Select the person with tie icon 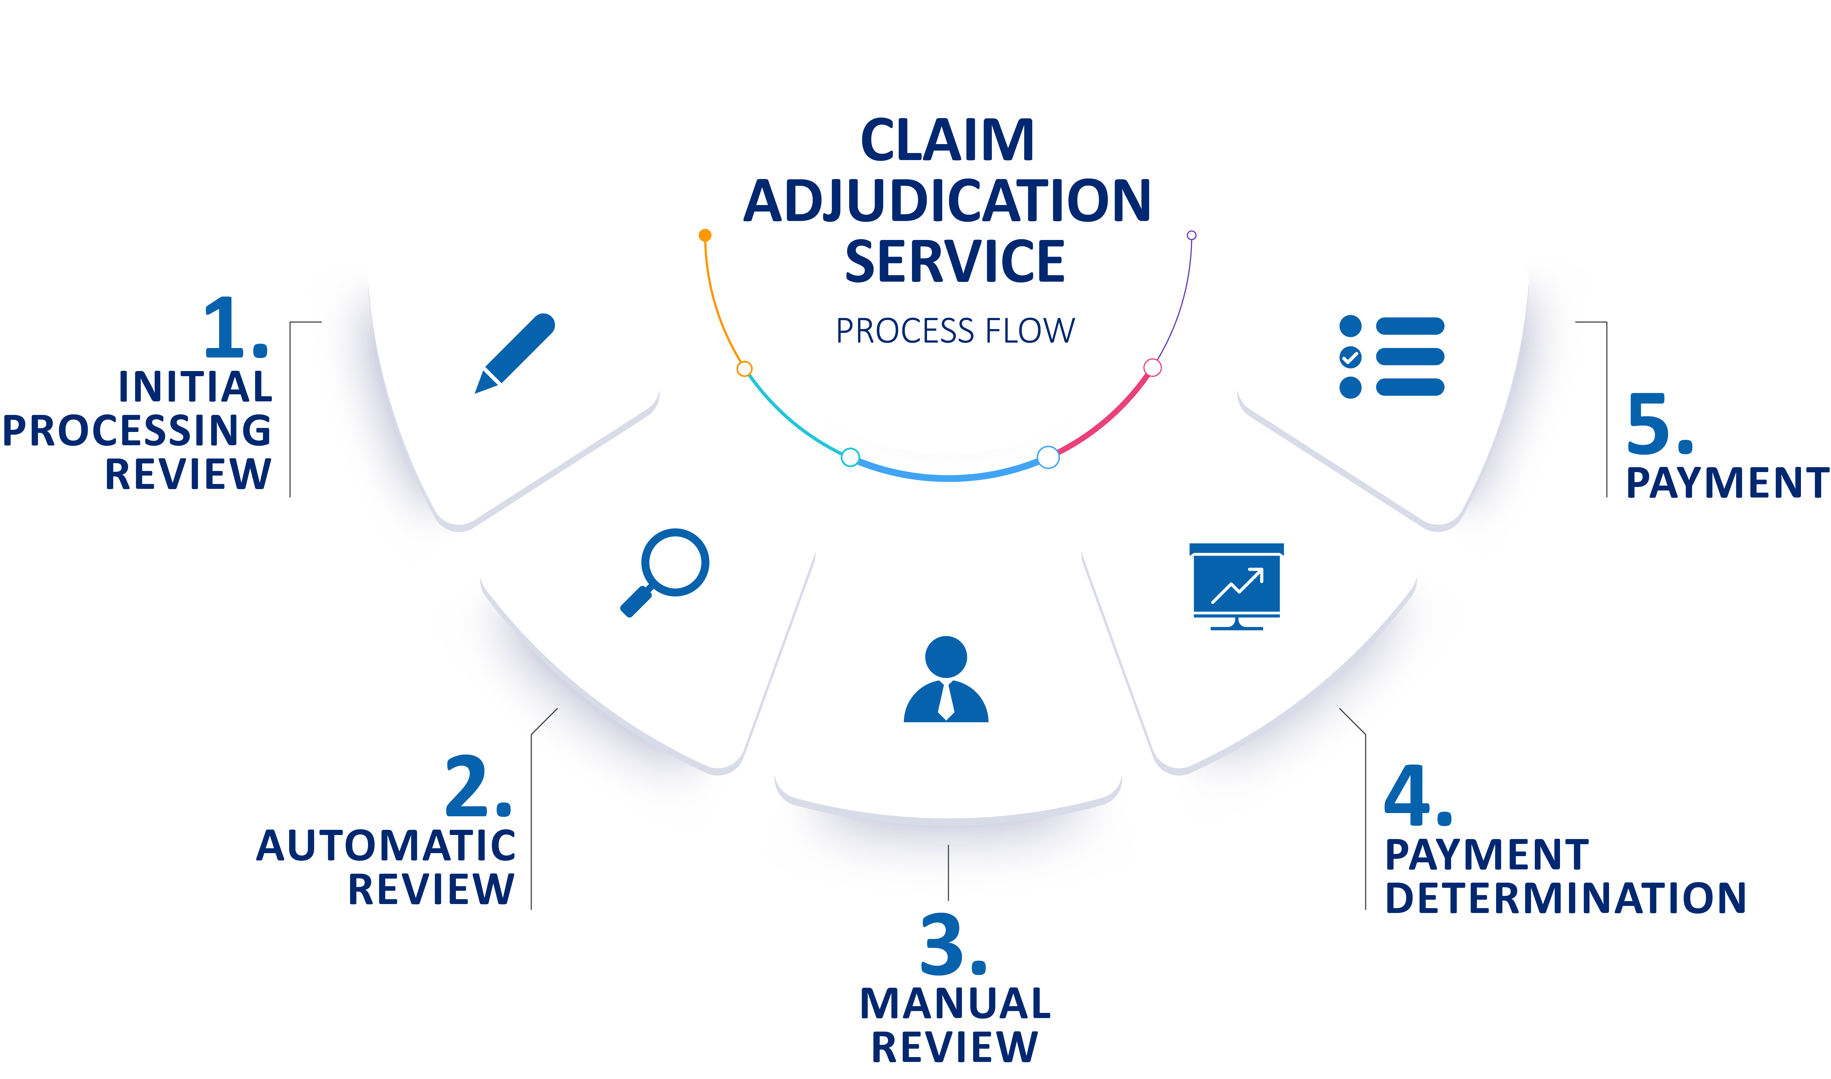pyautogui.click(x=946, y=680)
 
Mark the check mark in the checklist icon pyautogui.click(x=1350, y=357)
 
